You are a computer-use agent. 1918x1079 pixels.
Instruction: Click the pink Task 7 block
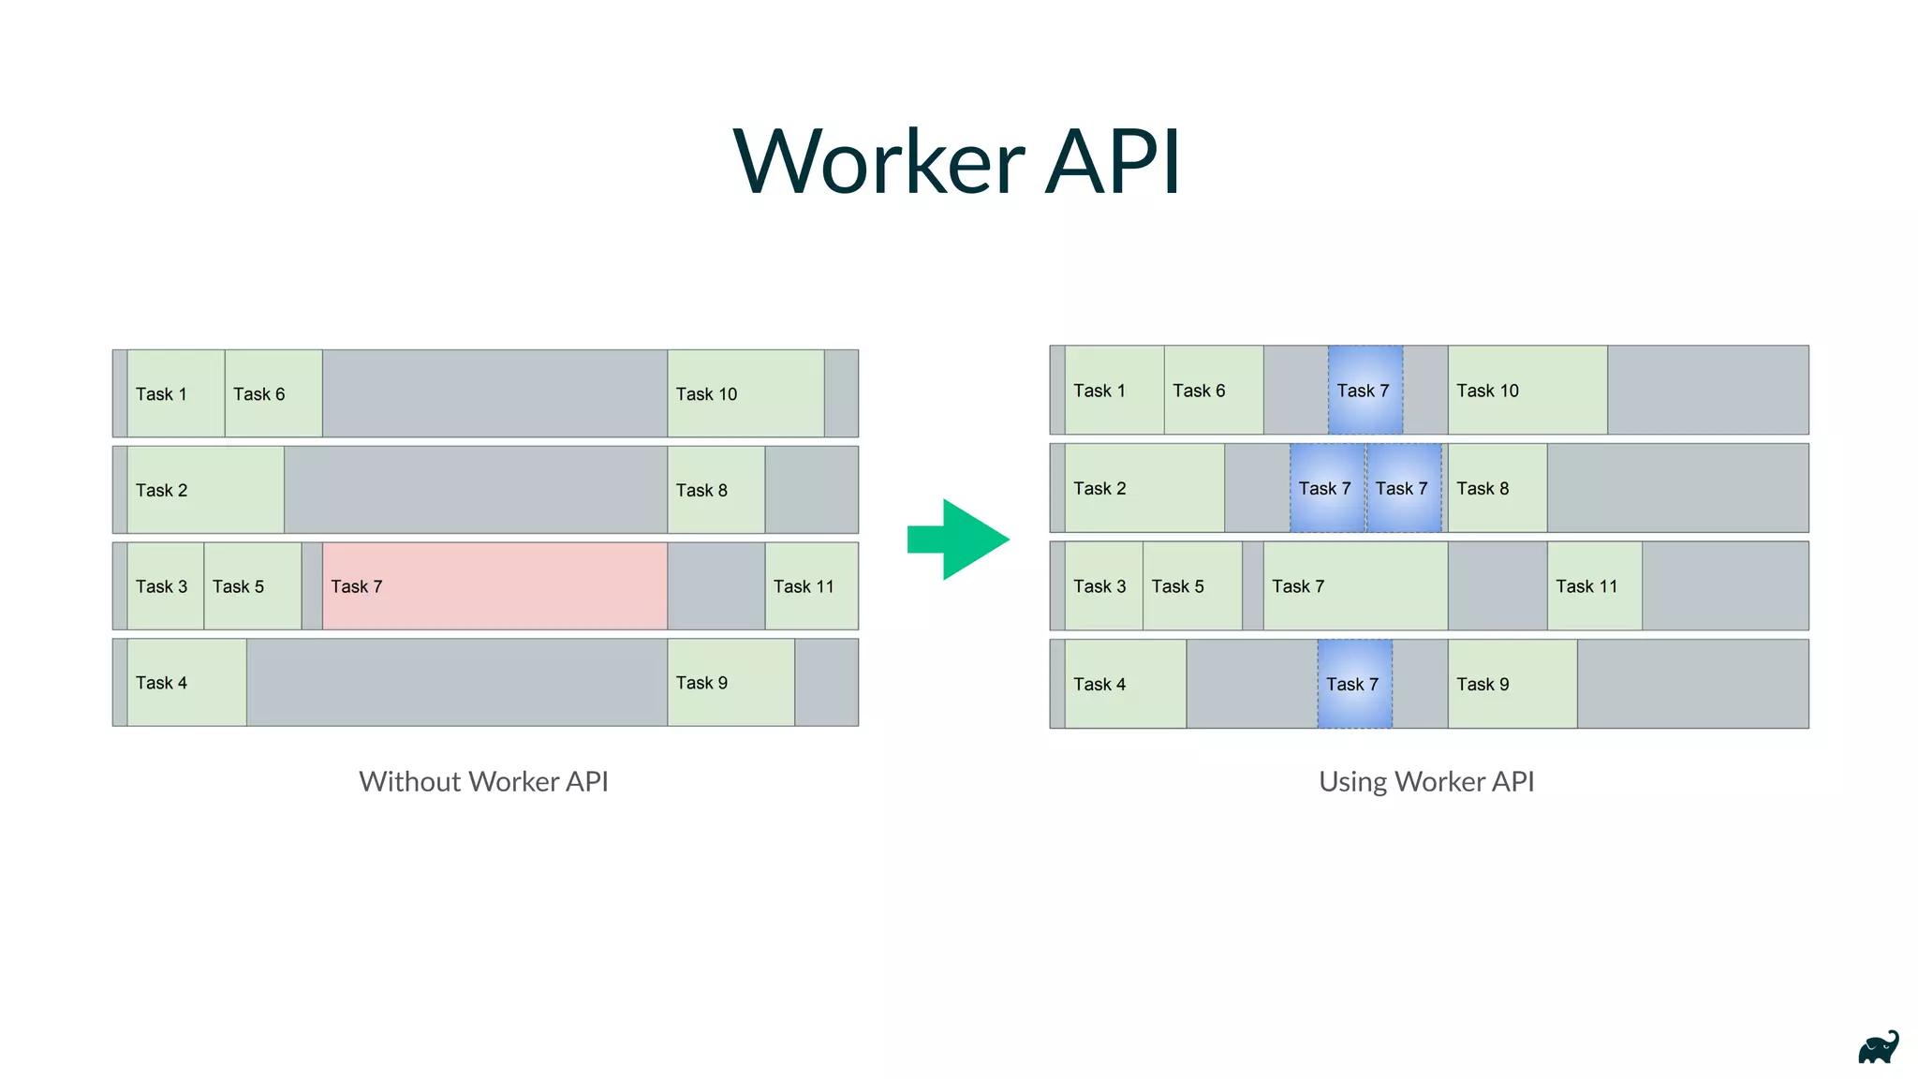click(x=494, y=586)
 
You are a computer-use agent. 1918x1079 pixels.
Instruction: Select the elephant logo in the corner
click(x=1878, y=1048)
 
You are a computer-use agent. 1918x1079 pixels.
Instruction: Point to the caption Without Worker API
click(x=483, y=781)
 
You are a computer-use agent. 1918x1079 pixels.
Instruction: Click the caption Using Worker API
click(x=1425, y=781)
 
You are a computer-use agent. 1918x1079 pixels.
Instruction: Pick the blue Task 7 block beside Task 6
click(x=1365, y=391)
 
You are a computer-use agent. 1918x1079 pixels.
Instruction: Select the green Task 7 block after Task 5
click(x=1354, y=586)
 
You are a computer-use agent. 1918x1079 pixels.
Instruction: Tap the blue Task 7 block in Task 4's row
click(x=1354, y=684)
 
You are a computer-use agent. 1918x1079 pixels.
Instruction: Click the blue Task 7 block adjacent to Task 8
click(x=1404, y=488)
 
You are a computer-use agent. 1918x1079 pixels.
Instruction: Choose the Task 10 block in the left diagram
click(x=745, y=393)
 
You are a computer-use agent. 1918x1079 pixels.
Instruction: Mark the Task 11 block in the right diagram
click(x=1594, y=586)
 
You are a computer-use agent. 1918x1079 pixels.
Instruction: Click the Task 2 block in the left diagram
click(x=205, y=490)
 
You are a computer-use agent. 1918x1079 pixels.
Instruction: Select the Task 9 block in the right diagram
click(x=1512, y=684)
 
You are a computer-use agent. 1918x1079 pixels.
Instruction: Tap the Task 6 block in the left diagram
click(x=273, y=393)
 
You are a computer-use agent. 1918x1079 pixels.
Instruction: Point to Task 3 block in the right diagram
click(x=1103, y=586)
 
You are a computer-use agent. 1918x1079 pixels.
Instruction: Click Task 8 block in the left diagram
click(x=716, y=490)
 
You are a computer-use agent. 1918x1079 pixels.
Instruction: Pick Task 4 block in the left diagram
click(x=186, y=683)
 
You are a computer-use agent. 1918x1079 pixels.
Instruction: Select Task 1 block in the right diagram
click(x=1114, y=391)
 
